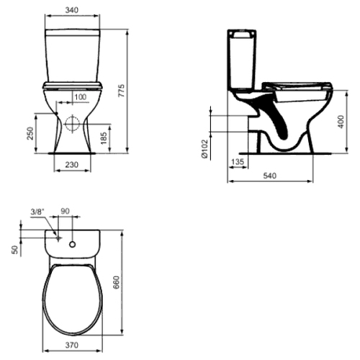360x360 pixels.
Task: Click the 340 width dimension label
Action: pyautogui.click(x=72, y=10)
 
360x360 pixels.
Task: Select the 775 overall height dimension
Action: pyautogui.click(x=122, y=91)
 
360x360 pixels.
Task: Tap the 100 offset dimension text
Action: pyautogui.click(x=81, y=97)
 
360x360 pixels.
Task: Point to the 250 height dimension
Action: pyautogui.click(x=30, y=133)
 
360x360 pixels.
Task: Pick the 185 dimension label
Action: pyautogui.click(x=104, y=138)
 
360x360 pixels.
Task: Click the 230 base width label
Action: pyautogui.click(x=72, y=165)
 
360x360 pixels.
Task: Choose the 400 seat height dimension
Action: pyautogui.click(x=341, y=122)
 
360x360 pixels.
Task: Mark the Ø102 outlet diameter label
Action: pyautogui.click(x=204, y=149)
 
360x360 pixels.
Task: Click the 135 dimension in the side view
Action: pyautogui.click(x=238, y=161)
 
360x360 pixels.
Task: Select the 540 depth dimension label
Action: pyautogui.click(x=270, y=176)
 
